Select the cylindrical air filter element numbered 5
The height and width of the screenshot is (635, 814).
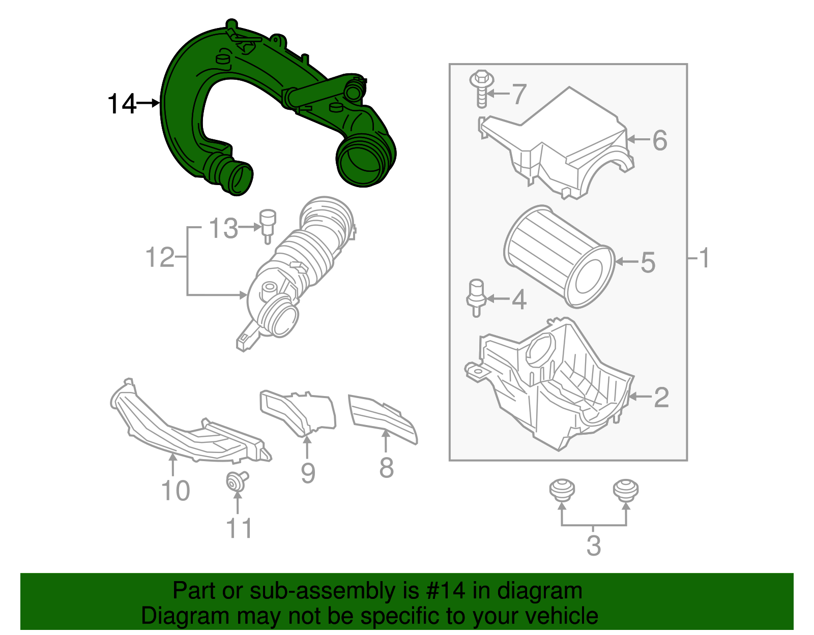point(560,257)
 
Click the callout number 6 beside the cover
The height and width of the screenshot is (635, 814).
point(660,140)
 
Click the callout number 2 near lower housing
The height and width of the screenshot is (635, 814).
point(661,398)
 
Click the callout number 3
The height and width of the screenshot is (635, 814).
point(594,546)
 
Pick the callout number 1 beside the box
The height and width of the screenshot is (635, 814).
point(704,258)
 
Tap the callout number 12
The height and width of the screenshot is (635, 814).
point(160,257)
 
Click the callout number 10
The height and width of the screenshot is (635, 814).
point(175,491)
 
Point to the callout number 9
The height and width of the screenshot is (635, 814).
point(308,473)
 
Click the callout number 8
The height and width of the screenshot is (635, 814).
point(386,468)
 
